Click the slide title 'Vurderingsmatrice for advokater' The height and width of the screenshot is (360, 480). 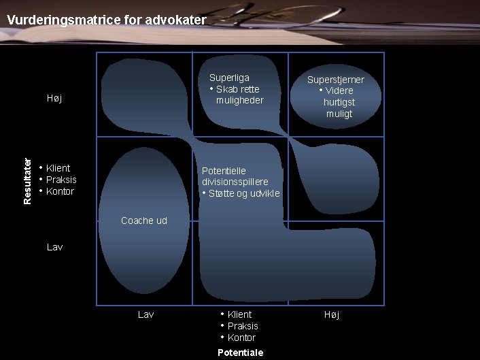[x=106, y=20]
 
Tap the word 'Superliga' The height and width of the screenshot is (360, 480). [x=229, y=78]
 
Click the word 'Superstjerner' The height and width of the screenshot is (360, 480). [x=335, y=80]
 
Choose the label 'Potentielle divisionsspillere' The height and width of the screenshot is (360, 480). [x=235, y=176]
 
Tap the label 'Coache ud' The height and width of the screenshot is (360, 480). [x=143, y=220]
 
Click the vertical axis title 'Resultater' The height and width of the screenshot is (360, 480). [x=27, y=181]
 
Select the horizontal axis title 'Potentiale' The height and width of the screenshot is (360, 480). [x=240, y=353]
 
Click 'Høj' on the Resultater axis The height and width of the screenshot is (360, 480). [x=54, y=99]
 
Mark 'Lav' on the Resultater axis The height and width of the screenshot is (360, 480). [x=54, y=247]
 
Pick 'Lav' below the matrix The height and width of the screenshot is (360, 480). [x=145, y=314]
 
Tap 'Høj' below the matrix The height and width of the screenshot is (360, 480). [x=331, y=314]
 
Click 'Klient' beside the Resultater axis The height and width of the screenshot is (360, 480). [x=58, y=168]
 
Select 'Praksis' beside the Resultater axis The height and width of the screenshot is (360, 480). [x=61, y=180]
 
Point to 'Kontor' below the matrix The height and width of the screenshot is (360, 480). [x=241, y=338]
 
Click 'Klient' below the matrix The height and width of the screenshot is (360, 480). [x=239, y=314]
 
